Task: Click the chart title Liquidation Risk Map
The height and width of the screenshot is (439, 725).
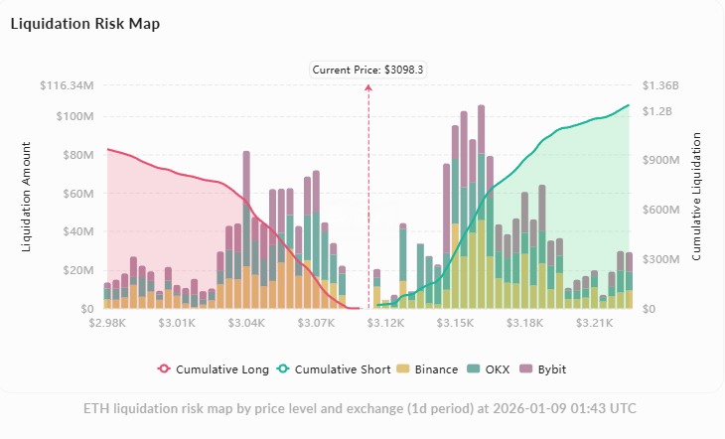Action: [84, 23]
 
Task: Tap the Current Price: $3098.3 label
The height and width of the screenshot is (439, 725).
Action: [368, 70]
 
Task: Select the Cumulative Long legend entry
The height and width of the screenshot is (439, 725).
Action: [213, 369]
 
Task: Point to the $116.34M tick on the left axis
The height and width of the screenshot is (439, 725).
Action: [68, 85]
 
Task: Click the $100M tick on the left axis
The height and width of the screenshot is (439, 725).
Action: [73, 116]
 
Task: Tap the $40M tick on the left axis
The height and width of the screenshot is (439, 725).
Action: [76, 232]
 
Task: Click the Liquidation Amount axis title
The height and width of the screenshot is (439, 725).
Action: [26, 197]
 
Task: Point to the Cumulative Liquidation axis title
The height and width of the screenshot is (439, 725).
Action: [697, 197]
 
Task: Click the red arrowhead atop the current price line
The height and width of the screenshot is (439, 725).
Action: [368, 87]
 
